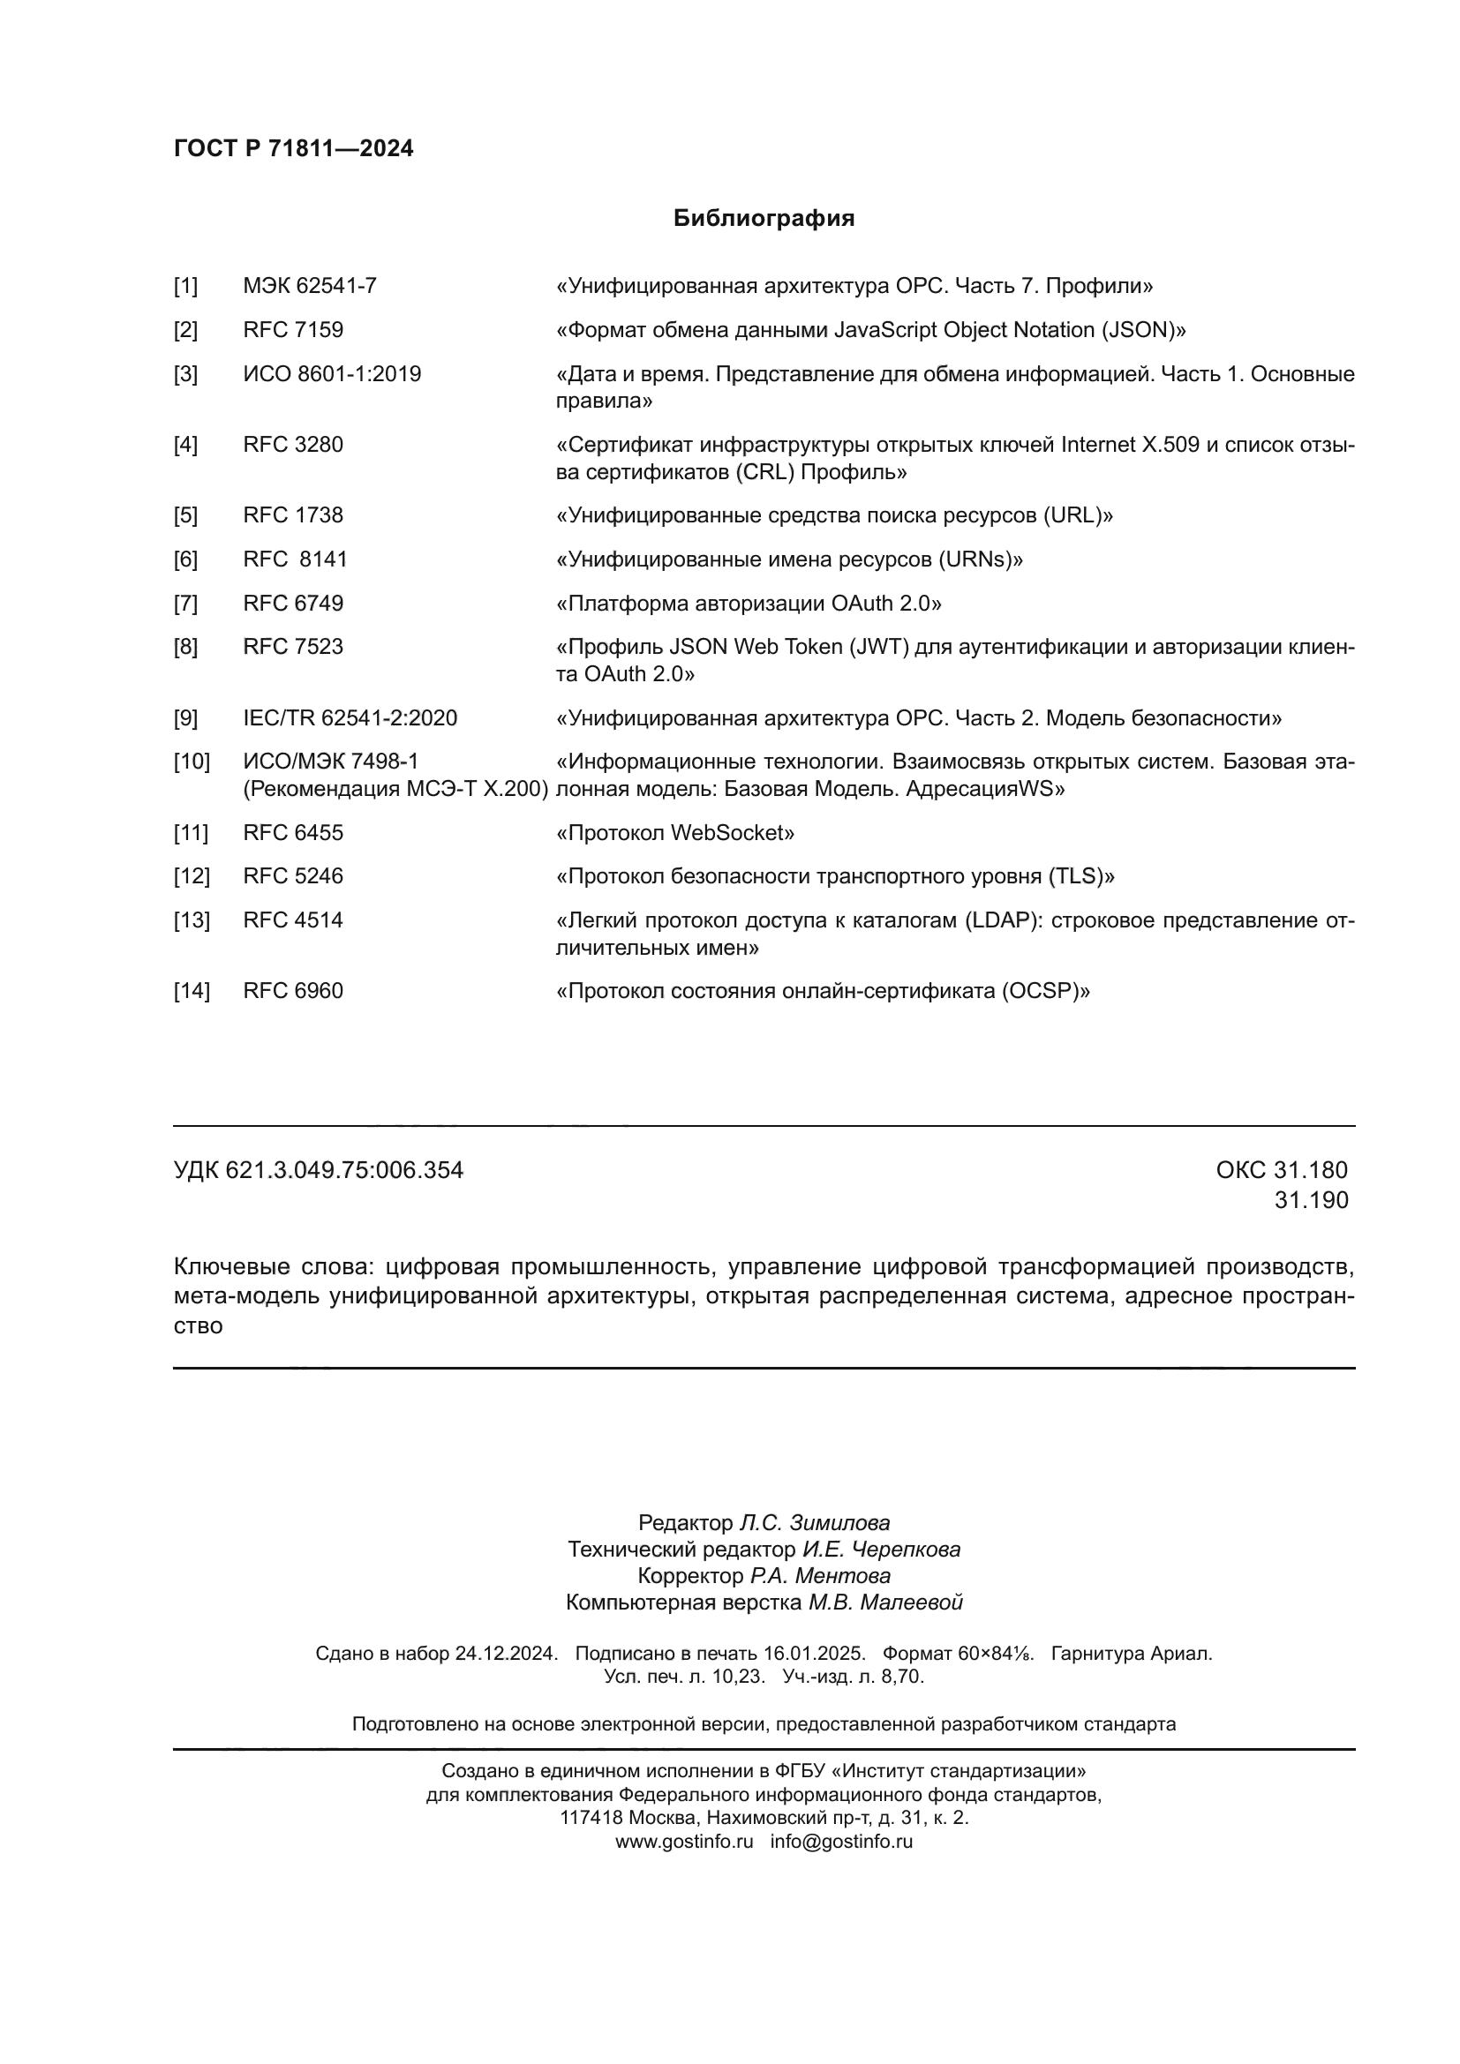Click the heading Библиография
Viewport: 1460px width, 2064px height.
point(764,219)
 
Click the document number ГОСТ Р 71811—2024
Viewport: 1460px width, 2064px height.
point(293,148)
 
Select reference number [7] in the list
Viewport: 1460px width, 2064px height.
point(185,604)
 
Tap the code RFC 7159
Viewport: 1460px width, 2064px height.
point(293,330)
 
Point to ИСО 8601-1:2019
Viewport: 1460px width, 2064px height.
point(332,374)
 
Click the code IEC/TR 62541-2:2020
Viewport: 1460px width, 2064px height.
point(350,718)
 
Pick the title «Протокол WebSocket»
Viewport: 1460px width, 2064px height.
point(675,833)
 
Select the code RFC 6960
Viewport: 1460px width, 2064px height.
point(293,991)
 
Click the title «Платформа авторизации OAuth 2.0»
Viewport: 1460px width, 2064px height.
point(749,604)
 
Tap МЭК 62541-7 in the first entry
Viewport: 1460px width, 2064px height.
point(309,286)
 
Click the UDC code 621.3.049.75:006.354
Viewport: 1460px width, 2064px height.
point(343,1170)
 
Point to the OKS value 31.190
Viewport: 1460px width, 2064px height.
point(1311,1200)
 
